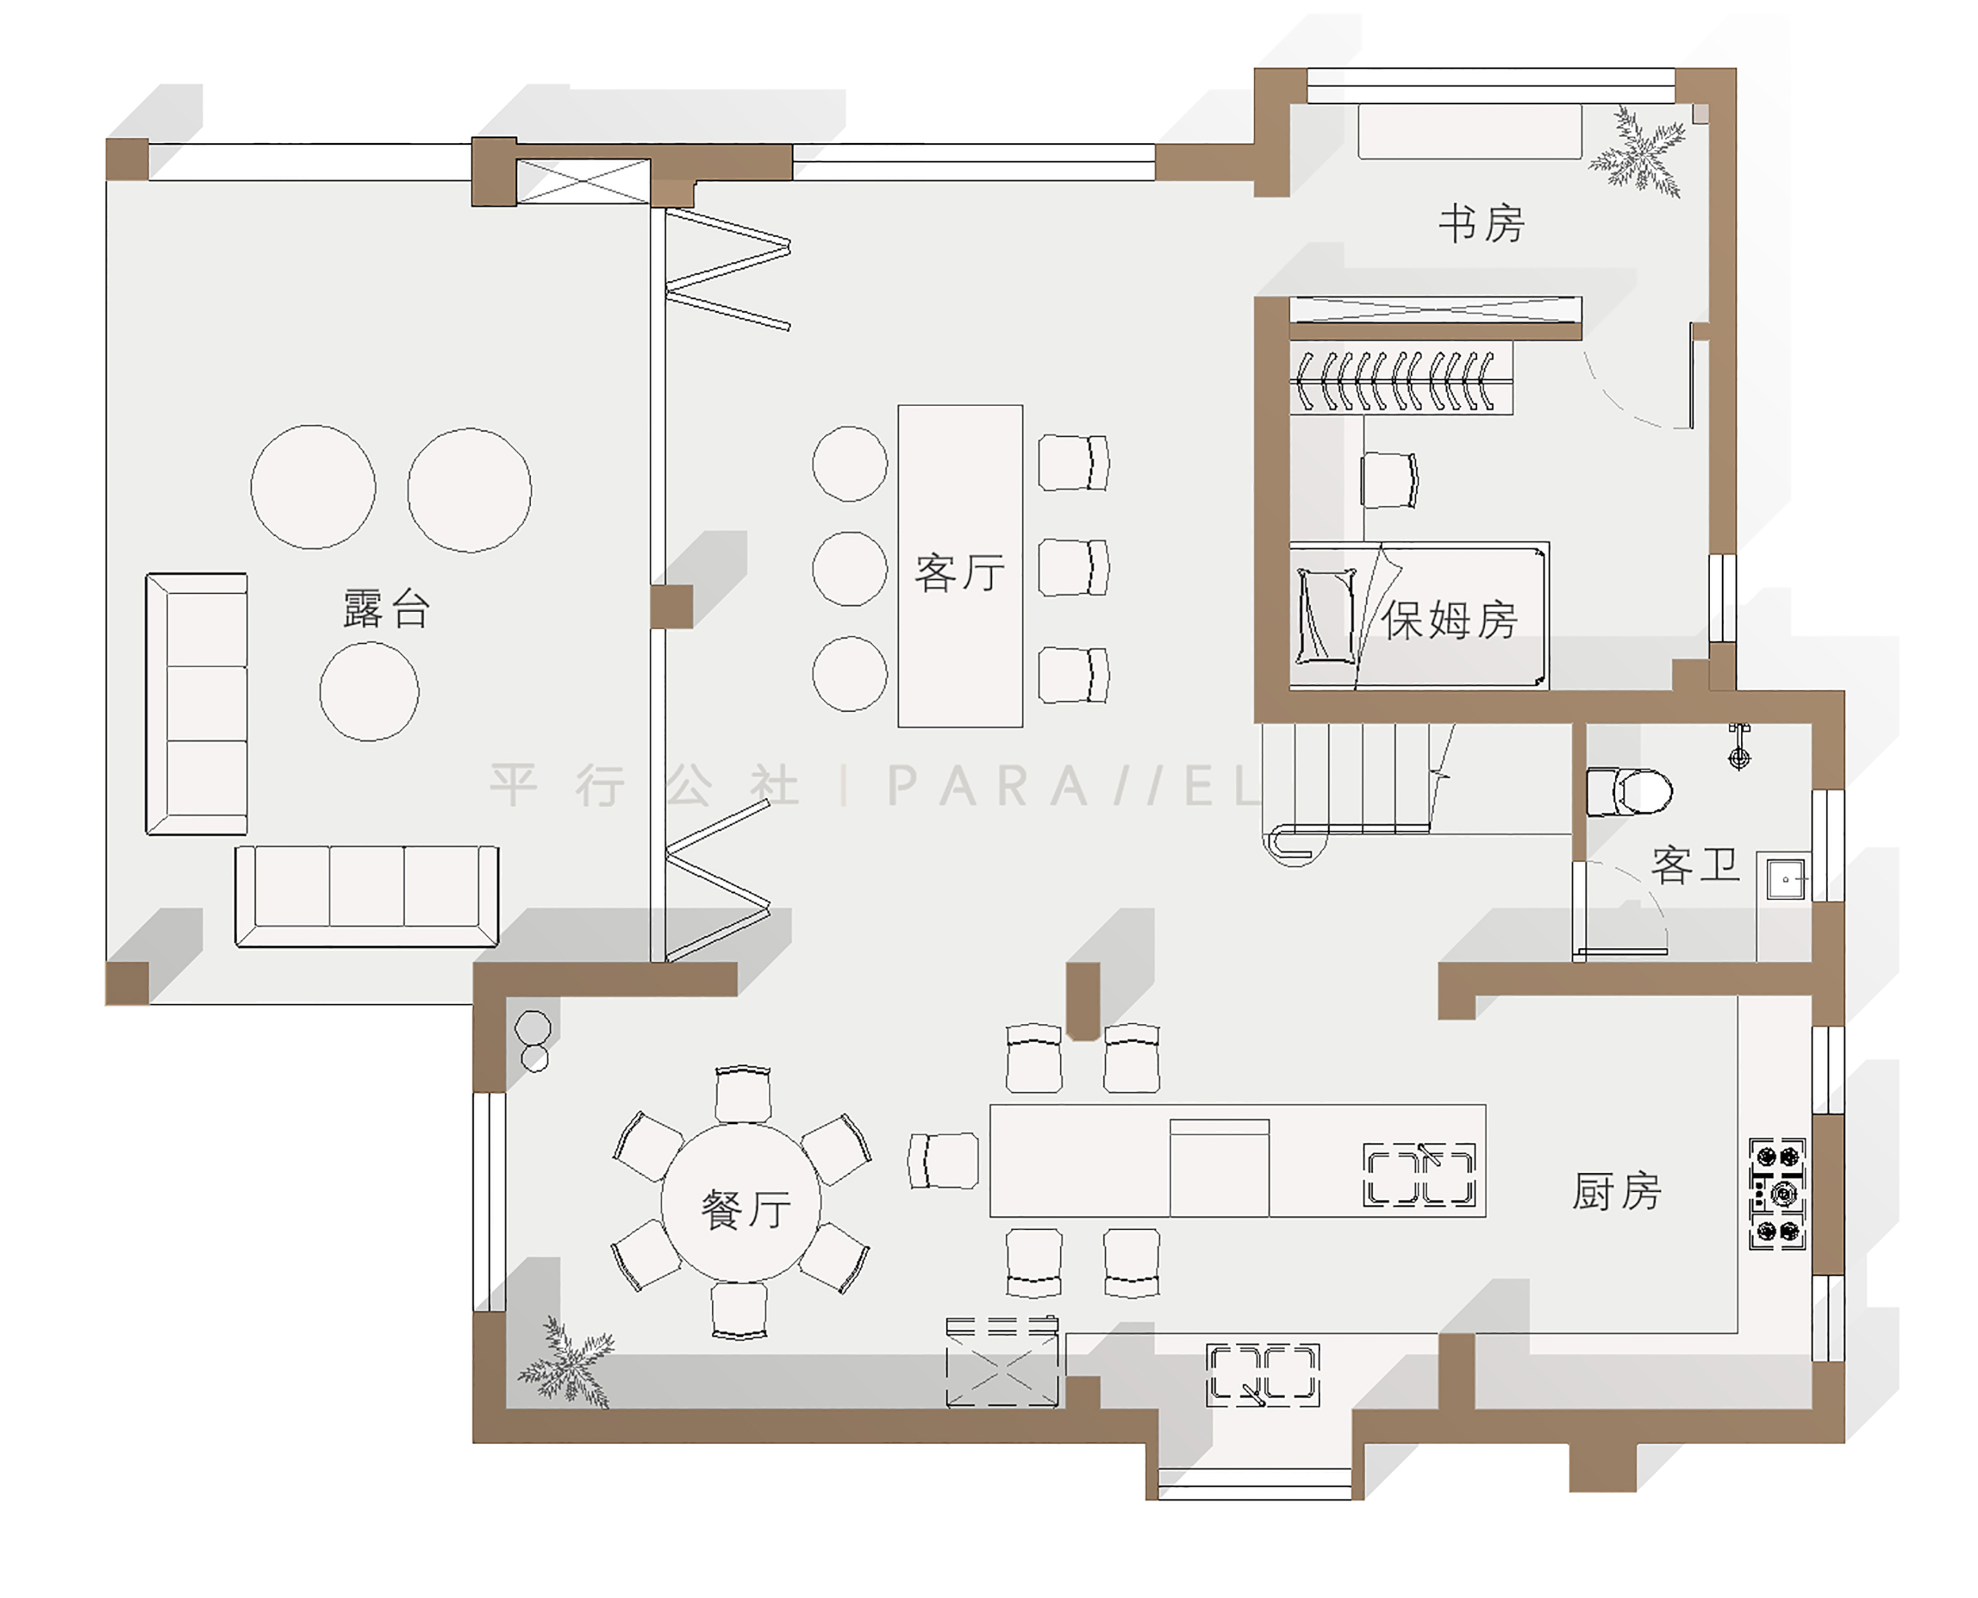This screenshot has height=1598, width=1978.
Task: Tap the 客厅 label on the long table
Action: click(959, 572)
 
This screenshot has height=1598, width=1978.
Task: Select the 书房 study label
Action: click(1482, 224)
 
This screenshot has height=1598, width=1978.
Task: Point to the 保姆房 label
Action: click(1448, 619)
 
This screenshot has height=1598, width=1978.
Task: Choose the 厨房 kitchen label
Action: click(1616, 1191)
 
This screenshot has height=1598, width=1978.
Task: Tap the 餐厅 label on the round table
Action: click(745, 1208)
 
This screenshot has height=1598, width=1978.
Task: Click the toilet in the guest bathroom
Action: click(1629, 792)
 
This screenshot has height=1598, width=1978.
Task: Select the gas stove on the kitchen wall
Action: click(1777, 1194)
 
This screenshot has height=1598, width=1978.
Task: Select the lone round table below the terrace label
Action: click(369, 691)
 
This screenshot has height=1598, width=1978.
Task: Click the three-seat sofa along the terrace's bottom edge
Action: click(366, 896)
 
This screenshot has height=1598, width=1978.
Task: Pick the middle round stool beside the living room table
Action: click(849, 568)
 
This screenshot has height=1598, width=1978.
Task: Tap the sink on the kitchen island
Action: click(1419, 1174)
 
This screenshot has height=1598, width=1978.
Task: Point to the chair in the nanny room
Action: click(1390, 479)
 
